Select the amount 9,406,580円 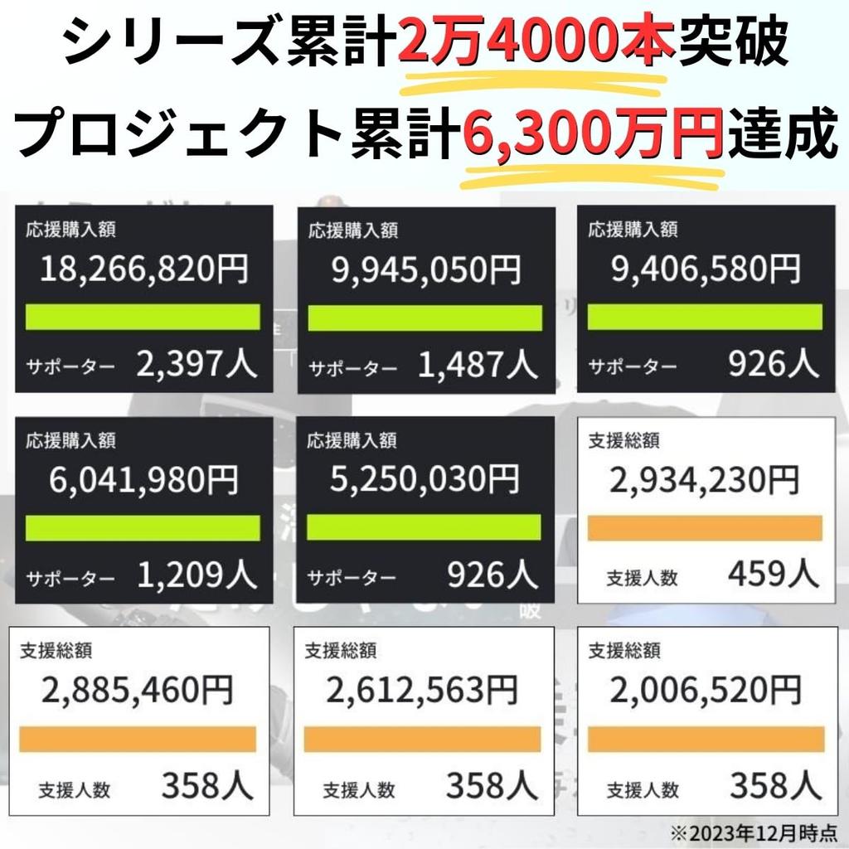[706, 269]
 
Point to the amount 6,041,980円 [143, 480]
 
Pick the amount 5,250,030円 [424, 480]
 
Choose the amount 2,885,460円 [138, 690]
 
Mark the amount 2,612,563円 [422, 690]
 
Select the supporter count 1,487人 [477, 364]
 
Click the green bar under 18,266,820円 [143, 317]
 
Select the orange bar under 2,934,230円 [705, 528]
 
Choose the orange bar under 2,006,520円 [705, 739]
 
